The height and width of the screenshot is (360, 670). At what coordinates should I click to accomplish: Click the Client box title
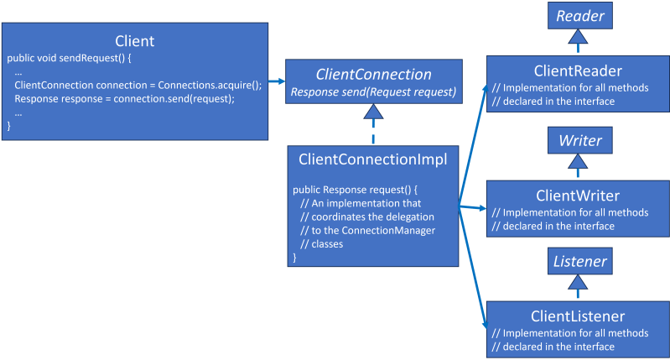pos(134,40)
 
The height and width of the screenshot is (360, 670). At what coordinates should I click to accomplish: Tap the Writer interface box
pos(579,140)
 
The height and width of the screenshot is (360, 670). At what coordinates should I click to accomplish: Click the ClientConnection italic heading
pos(372,74)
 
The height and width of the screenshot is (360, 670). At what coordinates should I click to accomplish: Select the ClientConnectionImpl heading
pos(372,157)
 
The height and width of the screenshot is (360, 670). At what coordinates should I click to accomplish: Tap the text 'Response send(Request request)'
pos(372,91)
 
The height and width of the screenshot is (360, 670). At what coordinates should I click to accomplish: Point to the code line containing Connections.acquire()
pos(138,85)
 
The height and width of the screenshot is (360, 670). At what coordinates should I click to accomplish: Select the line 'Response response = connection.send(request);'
pos(124,98)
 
